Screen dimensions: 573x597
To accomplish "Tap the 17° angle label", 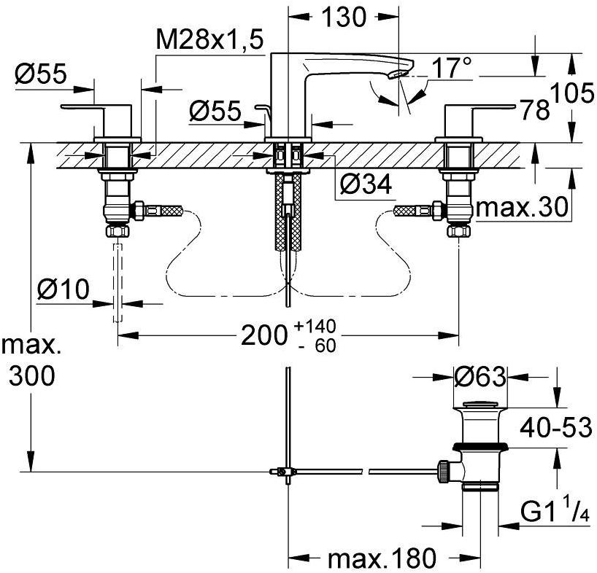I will coord(451,69).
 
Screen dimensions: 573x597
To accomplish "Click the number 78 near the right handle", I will coord(535,111).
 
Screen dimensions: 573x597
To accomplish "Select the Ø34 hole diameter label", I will coord(366,186).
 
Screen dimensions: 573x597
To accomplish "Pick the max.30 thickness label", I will coord(521,208).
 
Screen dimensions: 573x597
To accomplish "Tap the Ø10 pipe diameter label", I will coord(62,290).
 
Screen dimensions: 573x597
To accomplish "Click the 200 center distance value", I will coord(263,335).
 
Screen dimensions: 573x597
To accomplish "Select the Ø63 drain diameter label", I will coord(479,378).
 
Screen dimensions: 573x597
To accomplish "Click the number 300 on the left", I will coord(31,376).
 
